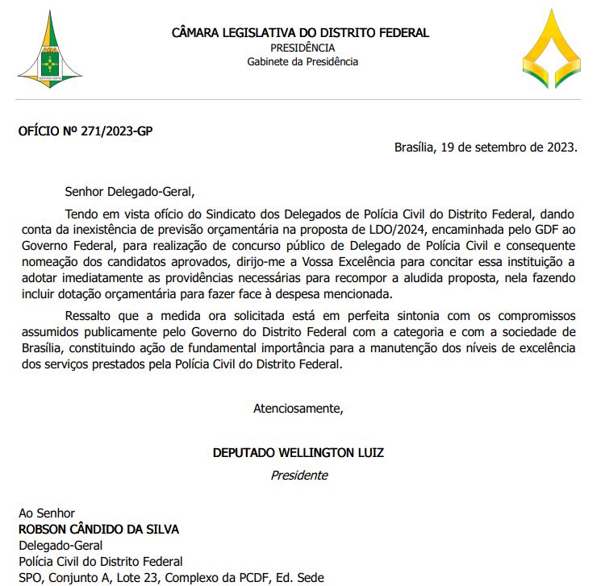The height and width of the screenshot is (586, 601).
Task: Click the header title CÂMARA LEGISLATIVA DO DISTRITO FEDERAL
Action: tap(300, 33)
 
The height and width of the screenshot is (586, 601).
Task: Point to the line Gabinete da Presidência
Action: tap(303, 61)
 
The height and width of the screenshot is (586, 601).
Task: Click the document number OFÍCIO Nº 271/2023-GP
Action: tap(85, 131)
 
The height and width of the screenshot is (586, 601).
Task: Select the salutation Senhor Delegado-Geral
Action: tap(131, 192)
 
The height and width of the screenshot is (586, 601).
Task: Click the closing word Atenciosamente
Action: tap(298, 408)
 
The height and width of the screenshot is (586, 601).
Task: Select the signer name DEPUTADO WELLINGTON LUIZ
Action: tap(298, 453)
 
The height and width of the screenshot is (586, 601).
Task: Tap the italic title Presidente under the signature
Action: tap(299, 475)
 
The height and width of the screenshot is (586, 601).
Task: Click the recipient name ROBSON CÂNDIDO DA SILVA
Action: tap(98, 530)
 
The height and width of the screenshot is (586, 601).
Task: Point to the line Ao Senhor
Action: tap(47, 513)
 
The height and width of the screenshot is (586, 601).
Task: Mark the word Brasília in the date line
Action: tap(415, 148)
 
